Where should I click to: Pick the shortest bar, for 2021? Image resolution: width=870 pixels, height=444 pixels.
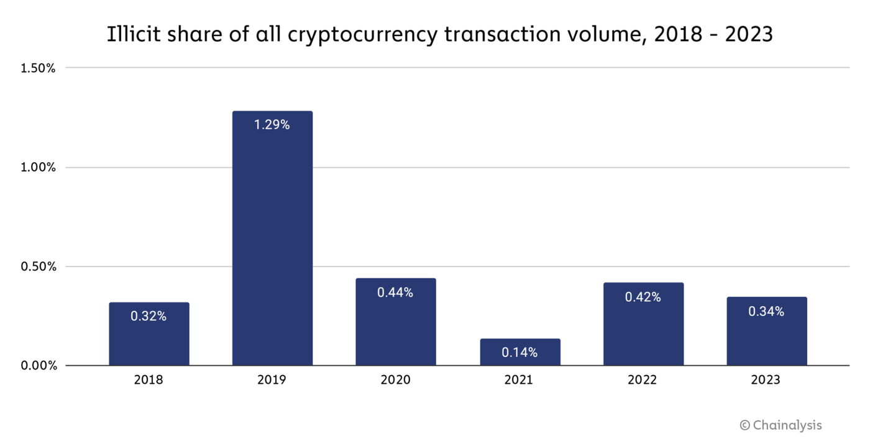[x=520, y=352]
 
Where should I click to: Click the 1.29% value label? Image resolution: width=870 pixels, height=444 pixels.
[x=272, y=125]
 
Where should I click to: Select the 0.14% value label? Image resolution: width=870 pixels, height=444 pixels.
[x=520, y=353]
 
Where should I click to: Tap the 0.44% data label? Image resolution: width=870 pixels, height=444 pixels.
[x=395, y=292]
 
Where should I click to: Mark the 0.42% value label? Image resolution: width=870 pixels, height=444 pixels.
[x=643, y=297]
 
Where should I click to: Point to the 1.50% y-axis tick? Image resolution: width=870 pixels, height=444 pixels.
[x=38, y=68]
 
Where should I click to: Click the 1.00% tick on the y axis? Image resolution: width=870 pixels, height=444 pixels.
[x=38, y=167]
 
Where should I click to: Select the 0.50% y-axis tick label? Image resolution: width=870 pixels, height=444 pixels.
[x=38, y=266]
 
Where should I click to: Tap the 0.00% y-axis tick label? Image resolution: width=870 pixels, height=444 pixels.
[x=38, y=366]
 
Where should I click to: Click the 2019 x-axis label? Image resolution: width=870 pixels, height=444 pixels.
[x=272, y=379]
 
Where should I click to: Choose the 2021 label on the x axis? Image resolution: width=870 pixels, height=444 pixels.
[x=520, y=379]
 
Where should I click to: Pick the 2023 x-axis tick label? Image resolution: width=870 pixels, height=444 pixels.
[x=766, y=379]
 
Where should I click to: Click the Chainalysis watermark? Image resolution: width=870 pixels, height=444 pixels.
[x=781, y=425]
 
